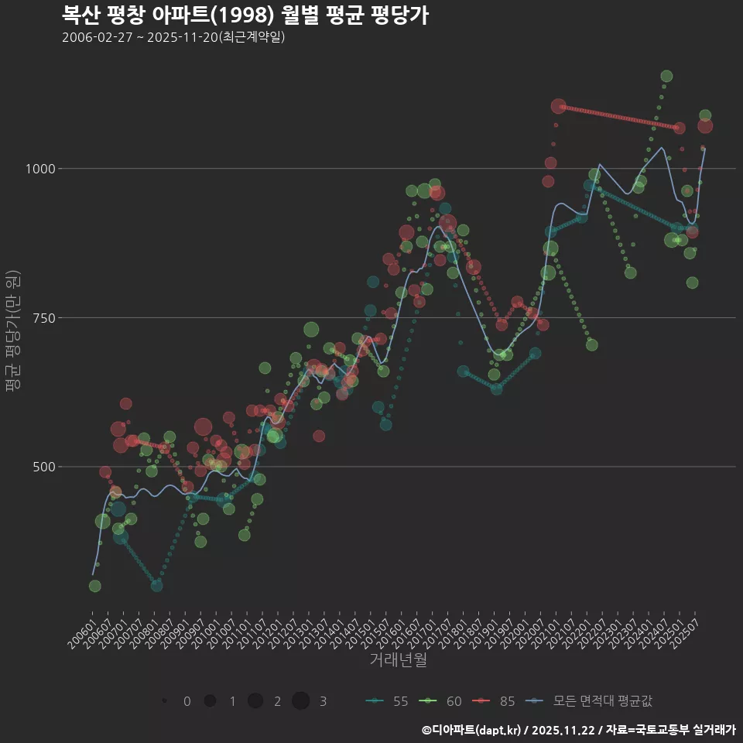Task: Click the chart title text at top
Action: (245, 15)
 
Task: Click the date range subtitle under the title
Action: (173, 38)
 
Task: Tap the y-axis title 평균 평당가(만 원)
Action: (12, 333)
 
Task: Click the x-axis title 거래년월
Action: (399, 659)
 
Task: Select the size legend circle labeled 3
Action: (301, 701)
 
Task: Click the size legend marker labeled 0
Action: (165, 701)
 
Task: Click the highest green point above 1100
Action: (666, 76)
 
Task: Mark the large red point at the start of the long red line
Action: (559, 106)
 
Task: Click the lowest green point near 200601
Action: (94, 586)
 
